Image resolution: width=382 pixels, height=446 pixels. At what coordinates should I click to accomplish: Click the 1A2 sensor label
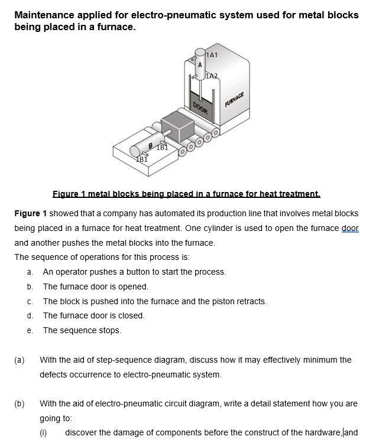pyautogui.click(x=212, y=75)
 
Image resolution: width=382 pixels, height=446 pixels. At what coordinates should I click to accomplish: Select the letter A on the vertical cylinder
pyautogui.click(x=200, y=63)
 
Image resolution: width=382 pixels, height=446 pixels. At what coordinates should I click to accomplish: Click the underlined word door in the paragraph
pyautogui.click(x=350, y=228)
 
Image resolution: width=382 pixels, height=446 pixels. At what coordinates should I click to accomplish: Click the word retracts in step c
pyautogui.click(x=251, y=301)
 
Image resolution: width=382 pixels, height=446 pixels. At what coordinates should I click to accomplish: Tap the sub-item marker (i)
pyautogui.click(x=43, y=432)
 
